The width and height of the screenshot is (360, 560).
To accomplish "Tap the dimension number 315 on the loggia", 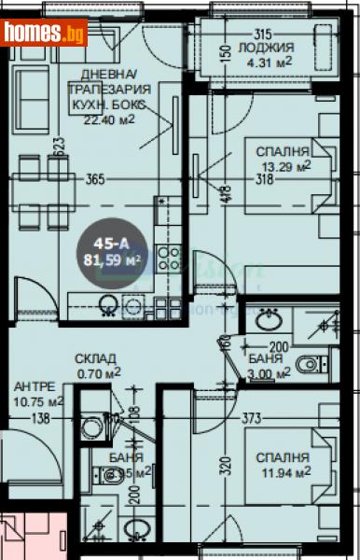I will pyautogui.click(x=269, y=32).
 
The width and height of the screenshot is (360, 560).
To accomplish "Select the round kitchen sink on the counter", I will pyautogui.click(x=109, y=302).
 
